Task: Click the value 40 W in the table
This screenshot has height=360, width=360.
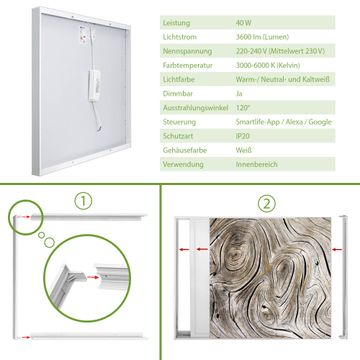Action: click(x=244, y=23)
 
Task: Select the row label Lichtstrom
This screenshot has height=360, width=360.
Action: click(x=180, y=37)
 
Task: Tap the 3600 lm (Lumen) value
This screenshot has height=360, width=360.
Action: click(x=262, y=37)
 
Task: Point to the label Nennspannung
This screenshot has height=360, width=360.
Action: click(x=187, y=51)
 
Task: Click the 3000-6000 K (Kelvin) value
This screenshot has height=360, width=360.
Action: click(x=268, y=65)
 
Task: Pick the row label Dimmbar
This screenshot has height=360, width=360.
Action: click(x=178, y=94)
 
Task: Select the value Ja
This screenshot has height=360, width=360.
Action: click(x=239, y=94)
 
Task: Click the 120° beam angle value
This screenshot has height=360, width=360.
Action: click(x=243, y=108)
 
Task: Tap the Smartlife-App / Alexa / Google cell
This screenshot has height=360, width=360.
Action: click(x=284, y=122)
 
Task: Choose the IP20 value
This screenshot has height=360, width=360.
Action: click(x=243, y=136)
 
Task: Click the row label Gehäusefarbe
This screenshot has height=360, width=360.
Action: click(x=185, y=150)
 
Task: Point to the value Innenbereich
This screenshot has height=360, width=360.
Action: click(x=257, y=164)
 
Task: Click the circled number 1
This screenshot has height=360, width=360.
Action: click(x=83, y=201)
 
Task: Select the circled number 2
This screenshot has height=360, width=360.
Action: click(x=267, y=203)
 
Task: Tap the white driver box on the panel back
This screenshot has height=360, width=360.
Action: click(x=94, y=85)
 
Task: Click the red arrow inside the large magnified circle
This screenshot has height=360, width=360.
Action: click(x=94, y=277)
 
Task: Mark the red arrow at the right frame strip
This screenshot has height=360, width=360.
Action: click(x=337, y=249)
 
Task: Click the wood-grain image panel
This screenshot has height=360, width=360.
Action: click(x=270, y=278)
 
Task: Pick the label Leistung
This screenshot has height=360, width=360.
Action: click(x=176, y=23)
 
